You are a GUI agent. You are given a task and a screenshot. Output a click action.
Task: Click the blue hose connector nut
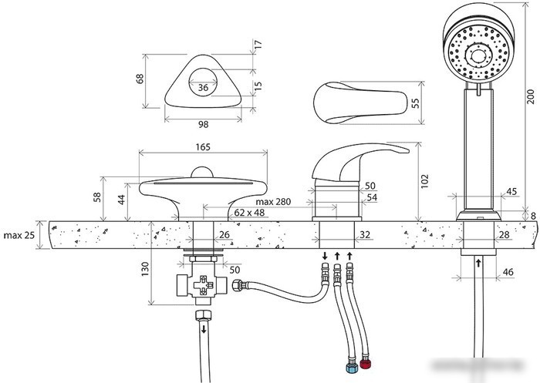coord(352,368)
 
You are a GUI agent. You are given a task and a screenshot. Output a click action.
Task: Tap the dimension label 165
coord(203,147)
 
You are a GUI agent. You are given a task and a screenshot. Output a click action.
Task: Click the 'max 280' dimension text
coord(273,202)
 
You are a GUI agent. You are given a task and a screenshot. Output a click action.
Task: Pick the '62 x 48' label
coord(249,213)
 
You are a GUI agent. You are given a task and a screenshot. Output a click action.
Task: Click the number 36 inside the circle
coord(203,87)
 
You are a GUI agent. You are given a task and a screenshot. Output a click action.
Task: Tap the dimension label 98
coord(203,124)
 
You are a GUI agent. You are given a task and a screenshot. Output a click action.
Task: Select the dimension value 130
coord(145,269)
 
